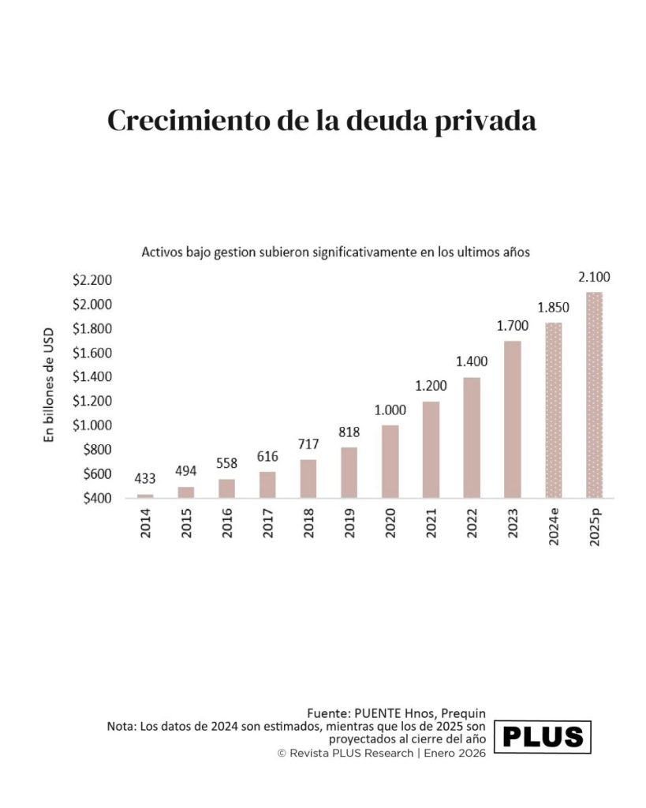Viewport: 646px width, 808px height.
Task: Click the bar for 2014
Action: tap(145, 496)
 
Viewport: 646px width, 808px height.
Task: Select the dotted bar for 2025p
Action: tap(594, 395)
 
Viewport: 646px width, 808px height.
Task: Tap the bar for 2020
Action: tap(390, 462)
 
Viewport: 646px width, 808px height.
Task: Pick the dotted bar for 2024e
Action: tap(553, 410)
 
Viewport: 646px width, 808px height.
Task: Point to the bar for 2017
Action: tap(267, 484)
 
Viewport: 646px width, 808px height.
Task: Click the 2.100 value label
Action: tap(594, 277)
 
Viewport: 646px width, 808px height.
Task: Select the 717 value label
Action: tap(308, 443)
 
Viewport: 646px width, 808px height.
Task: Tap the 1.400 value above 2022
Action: tap(472, 361)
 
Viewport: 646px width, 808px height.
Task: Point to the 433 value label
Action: tap(145, 478)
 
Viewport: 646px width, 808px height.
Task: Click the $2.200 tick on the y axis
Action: tap(93, 280)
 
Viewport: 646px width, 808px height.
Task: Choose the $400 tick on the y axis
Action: tap(97, 499)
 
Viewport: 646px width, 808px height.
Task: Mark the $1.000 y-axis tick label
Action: tap(93, 425)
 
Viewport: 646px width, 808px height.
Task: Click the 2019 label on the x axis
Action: tap(349, 523)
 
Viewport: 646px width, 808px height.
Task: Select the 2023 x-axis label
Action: tap(513, 523)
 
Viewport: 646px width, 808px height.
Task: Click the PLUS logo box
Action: tap(543, 737)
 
